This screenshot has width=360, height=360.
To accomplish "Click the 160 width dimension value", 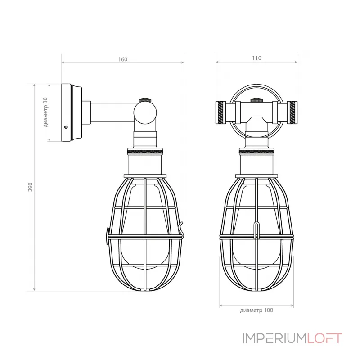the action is pos(123,59).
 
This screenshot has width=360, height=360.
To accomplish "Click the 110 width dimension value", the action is pos(256,58).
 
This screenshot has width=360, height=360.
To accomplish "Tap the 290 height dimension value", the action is pos(30,187).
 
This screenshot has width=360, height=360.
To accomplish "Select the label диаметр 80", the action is pos(46,112).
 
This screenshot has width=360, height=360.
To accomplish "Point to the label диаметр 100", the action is pos(256,310).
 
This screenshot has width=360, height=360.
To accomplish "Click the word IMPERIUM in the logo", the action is pos(274,338).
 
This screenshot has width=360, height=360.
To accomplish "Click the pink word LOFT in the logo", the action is pos(324,338).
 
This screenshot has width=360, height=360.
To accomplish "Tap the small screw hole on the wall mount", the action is pos(66,127).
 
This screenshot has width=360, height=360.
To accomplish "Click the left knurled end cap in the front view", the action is pos(220,112).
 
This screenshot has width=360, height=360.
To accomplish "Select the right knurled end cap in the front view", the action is pos(292,112).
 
